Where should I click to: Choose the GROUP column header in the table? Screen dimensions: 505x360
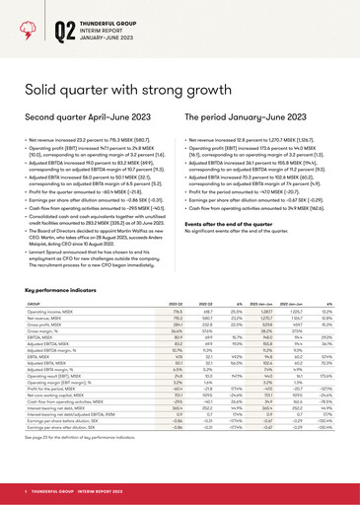coord(33,331)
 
